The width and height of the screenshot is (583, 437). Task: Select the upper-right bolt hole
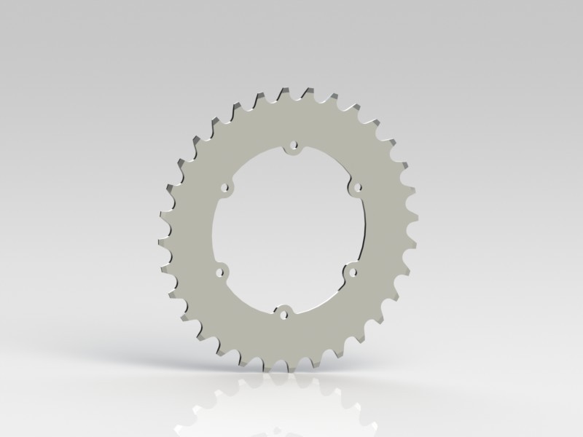(x=357, y=188)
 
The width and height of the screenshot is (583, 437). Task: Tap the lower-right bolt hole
(x=353, y=272)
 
